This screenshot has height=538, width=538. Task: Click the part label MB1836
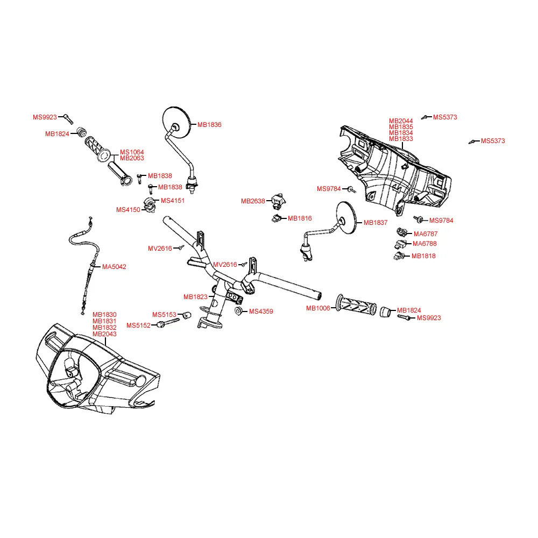(209, 125)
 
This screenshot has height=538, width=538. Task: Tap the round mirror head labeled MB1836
(176, 123)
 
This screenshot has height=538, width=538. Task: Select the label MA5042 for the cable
(114, 267)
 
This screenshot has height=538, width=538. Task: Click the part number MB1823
(195, 297)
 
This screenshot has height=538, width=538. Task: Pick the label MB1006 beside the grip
(318, 308)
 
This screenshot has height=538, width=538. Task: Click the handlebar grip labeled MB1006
(356, 305)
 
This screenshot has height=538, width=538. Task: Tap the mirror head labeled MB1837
(346, 217)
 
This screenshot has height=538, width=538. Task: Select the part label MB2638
(253, 201)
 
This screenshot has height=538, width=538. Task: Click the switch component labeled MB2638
(278, 201)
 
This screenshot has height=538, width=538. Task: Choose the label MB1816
(300, 218)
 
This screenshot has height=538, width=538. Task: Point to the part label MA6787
(426, 234)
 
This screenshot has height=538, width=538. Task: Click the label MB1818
(423, 256)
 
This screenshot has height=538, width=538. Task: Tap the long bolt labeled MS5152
(168, 322)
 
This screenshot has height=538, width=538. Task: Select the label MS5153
(164, 315)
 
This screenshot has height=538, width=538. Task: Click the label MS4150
(128, 210)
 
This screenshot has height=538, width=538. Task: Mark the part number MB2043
(104, 334)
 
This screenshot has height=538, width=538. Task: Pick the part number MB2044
(401, 121)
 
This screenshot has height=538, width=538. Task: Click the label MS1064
(132, 152)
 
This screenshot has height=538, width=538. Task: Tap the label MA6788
(424, 244)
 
